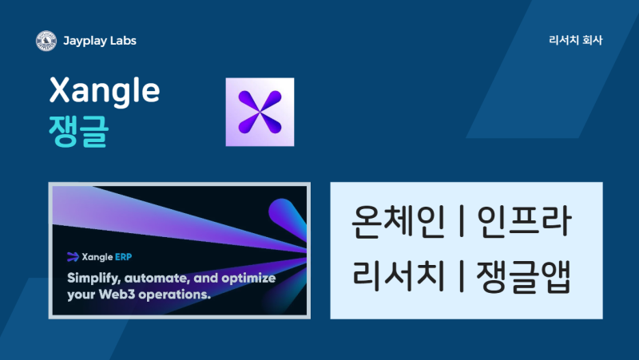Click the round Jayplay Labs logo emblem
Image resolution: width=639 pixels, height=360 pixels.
point(46,41)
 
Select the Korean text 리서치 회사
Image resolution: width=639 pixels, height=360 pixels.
point(575,40)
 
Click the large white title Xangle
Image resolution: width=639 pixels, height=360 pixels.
point(105,91)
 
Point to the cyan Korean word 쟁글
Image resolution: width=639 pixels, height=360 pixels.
point(78,131)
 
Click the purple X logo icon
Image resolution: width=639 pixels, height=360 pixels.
point(260,112)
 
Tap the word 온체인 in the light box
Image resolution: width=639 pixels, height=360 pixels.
point(397,221)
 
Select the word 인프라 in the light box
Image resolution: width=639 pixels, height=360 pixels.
point(525,221)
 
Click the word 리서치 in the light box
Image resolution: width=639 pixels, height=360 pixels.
point(398,275)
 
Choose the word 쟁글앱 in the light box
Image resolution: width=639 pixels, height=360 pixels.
point(524,276)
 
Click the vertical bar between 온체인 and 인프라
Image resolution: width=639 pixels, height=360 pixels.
point(462,221)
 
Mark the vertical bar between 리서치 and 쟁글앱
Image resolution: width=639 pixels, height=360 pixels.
point(462,276)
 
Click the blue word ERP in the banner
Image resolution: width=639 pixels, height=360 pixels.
point(124,257)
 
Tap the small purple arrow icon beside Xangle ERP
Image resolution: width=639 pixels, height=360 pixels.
point(73,256)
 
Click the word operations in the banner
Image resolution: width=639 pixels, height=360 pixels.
point(174,295)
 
